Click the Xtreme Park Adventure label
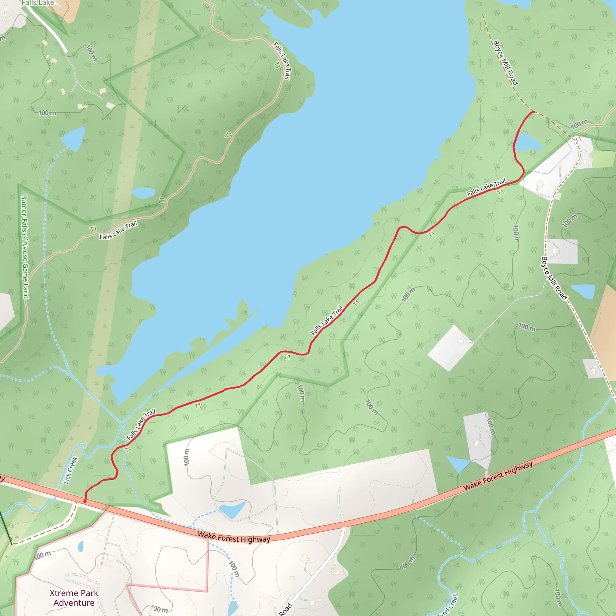point(74,598)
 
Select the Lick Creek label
point(71,470)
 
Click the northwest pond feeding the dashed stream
point(73,138)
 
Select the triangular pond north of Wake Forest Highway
point(458,464)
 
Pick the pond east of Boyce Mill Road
point(583,291)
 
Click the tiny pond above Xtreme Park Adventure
point(81,547)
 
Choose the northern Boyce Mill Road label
point(505,63)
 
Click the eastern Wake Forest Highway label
point(498,476)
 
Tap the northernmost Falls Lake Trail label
point(282,60)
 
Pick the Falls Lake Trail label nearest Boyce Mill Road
point(486,187)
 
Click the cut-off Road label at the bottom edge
point(285,609)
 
